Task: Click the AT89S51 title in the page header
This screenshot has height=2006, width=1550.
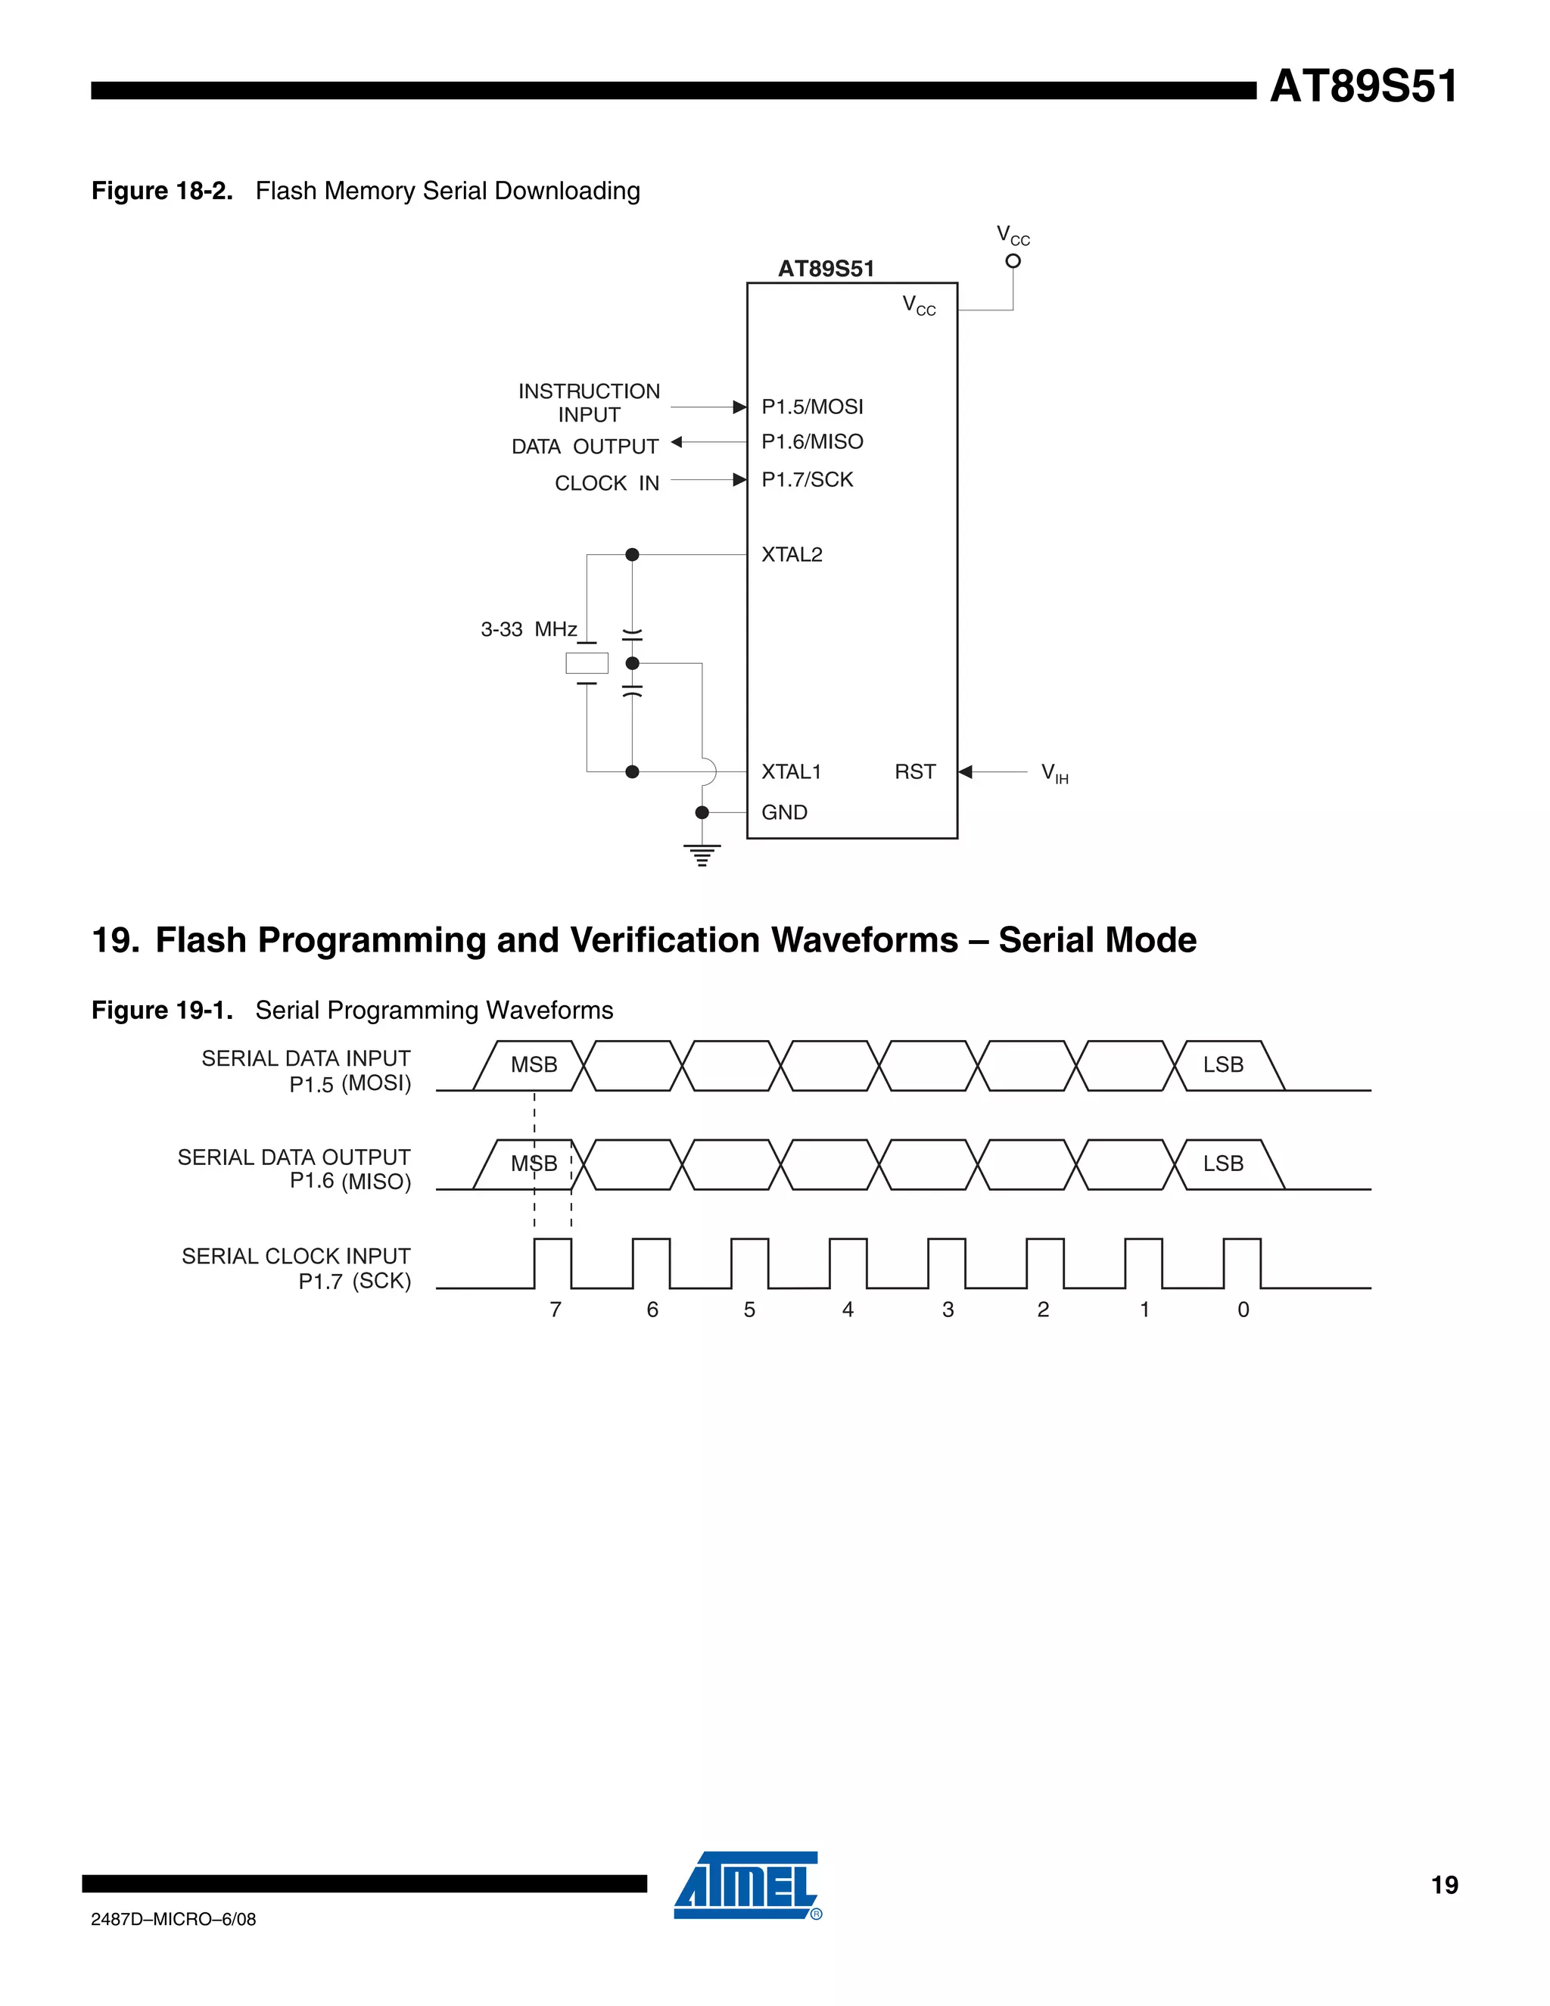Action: (1364, 87)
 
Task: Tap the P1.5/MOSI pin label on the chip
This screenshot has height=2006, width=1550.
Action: (812, 407)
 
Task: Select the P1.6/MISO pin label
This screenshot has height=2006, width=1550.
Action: (812, 442)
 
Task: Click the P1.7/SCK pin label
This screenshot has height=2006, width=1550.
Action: (807, 479)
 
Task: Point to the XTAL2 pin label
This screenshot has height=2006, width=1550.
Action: (792, 555)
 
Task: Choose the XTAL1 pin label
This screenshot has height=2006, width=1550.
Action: (791, 771)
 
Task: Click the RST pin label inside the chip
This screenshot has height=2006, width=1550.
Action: (914, 771)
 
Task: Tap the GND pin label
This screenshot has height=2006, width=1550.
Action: (784, 812)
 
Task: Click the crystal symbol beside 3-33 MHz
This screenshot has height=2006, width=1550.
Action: (587, 662)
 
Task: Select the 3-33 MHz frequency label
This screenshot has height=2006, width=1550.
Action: (529, 629)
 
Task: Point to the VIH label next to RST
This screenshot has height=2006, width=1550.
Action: (1054, 774)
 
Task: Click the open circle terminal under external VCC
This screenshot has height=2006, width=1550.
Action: (1013, 261)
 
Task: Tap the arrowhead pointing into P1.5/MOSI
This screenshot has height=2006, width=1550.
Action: (739, 407)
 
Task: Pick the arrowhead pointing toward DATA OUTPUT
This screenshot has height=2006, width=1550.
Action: (677, 442)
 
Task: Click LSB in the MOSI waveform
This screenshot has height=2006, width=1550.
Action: (1223, 1064)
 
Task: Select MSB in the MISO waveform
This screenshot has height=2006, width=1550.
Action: (534, 1163)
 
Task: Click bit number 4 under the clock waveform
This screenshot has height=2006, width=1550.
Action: (848, 1310)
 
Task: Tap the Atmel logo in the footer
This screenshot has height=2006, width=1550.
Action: (746, 1885)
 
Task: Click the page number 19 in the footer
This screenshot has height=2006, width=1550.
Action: (1444, 1885)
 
